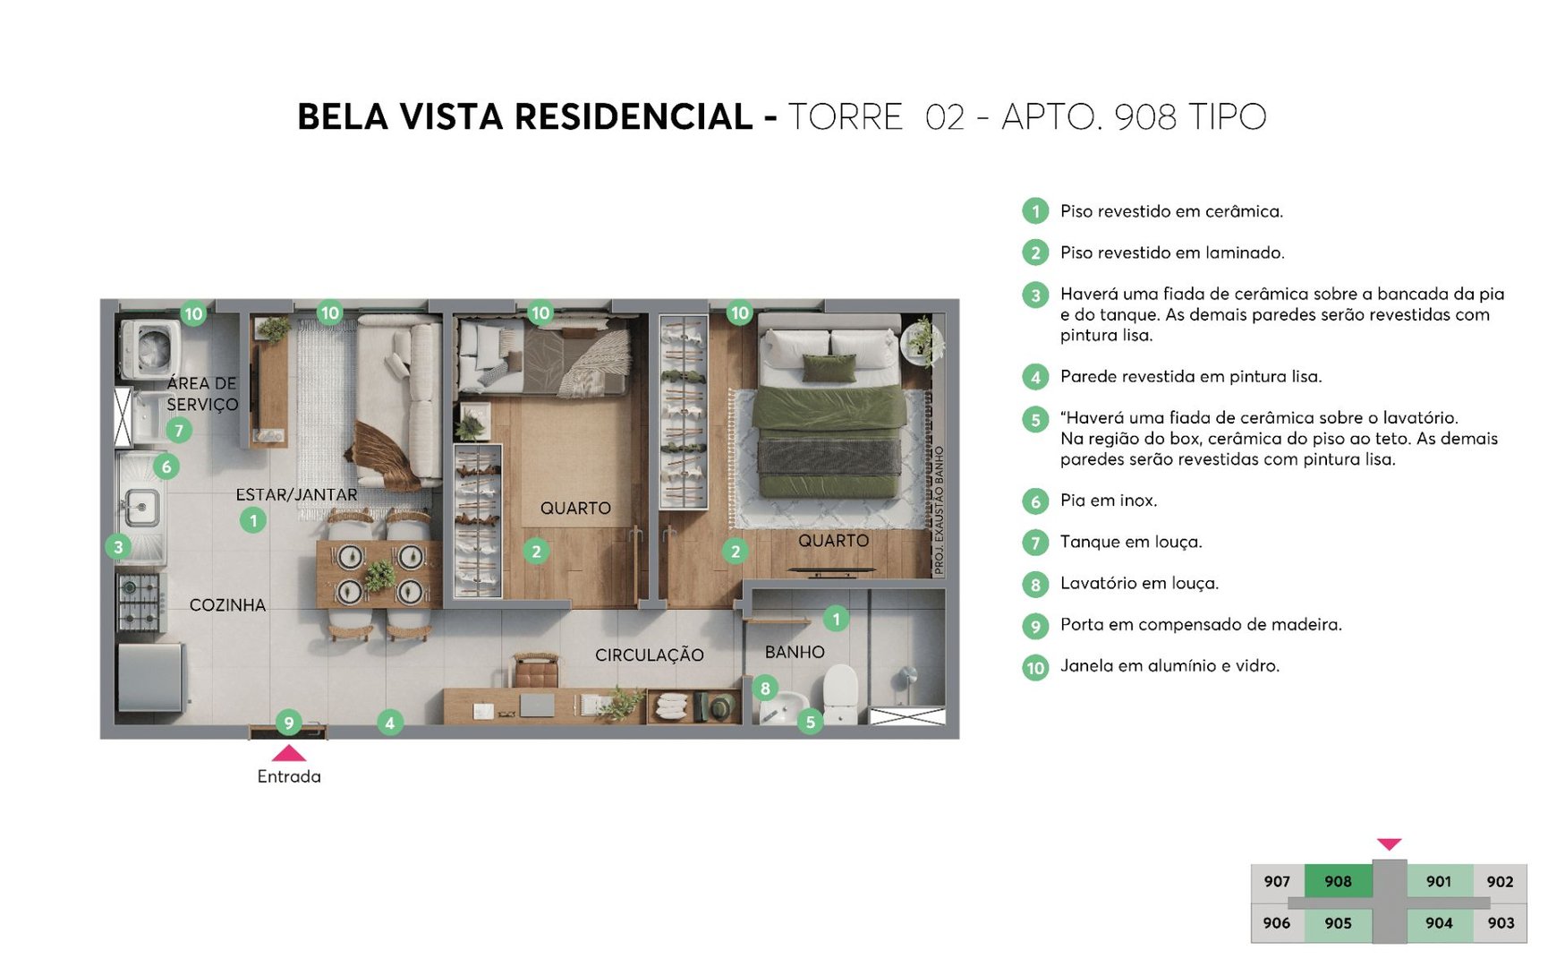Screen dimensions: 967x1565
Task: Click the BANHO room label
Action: point(794,652)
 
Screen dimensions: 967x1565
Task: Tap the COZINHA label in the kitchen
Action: point(227,605)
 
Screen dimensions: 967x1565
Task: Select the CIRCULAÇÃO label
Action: point(649,655)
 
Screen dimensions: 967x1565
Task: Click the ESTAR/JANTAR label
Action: point(296,494)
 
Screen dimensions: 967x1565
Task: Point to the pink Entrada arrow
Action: point(289,753)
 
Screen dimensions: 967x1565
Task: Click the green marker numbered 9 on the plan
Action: point(288,722)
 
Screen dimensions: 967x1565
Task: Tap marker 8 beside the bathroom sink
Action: point(765,689)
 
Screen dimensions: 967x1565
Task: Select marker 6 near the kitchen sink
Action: point(166,466)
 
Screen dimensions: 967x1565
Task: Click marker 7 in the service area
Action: point(179,431)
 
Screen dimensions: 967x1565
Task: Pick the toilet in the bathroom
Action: point(839,694)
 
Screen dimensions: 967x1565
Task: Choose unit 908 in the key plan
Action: point(1338,881)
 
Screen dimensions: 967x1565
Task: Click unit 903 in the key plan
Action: point(1501,923)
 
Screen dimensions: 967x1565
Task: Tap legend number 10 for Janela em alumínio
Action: point(1035,667)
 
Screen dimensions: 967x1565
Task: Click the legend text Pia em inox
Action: point(1108,501)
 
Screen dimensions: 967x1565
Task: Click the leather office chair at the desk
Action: point(536,672)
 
